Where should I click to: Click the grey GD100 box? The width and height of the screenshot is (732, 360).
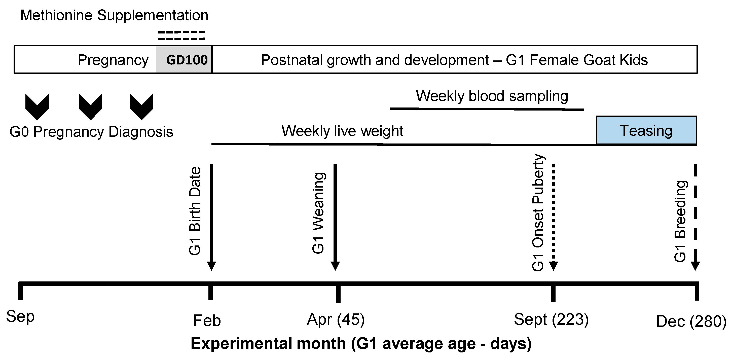pyautogui.click(x=184, y=60)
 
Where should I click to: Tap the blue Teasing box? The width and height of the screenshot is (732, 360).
pyautogui.click(x=646, y=130)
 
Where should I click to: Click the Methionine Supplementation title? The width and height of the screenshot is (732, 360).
pyautogui.click(x=114, y=15)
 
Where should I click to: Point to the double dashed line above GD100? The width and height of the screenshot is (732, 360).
pyautogui.click(x=181, y=35)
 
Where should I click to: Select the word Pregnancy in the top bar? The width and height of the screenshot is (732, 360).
pyautogui.click(x=113, y=60)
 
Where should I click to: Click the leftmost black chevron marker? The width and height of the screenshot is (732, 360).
pyautogui.click(x=37, y=106)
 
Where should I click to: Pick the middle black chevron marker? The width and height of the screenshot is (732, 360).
pyautogui.click(x=90, y=106)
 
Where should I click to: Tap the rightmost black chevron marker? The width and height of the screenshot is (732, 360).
pyautogui.click(x=141, y=106)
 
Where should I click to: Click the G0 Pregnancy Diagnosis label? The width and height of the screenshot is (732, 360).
pyautogui.click(x=91, y=132)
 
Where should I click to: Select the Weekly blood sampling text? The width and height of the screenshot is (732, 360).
pyautogui.click(x=492, y=96)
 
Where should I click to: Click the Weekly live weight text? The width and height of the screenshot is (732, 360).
pyautogui.click(x=342, y=131)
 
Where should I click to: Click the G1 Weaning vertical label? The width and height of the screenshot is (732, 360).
pyautogui.click(x=318, y=213)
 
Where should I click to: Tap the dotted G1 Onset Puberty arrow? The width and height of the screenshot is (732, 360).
pyautogui.click(x=553, y=216)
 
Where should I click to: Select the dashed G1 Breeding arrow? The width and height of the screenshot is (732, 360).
pyautogui.click(x=695, y=216)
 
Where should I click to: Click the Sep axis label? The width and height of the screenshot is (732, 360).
pyautogui.click(x=20, y=316)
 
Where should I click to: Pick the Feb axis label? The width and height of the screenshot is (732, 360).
pyautogui.click(x=207, y=321)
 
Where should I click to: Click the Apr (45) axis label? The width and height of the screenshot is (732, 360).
pyautogui.click(x=336, y=319)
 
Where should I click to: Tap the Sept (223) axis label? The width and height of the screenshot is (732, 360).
pyautogui.click(x=551, y=319)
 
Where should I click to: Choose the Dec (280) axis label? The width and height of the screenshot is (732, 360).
pyautogui.click(x=691, y=322)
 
